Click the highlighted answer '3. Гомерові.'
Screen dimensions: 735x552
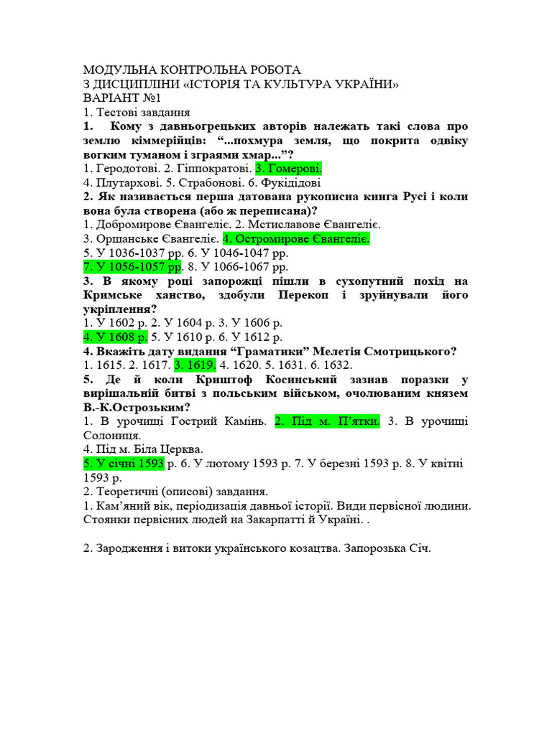click(x=289, y=168)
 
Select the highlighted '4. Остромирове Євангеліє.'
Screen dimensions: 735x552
click(x=296, y=238)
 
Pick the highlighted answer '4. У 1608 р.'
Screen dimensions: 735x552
click(x=116, y=337)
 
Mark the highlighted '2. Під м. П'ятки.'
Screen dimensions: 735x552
click(x=327, y=421)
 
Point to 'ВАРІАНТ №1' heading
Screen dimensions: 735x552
click(x=123, y=98)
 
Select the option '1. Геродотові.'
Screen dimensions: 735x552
click(x=118, y=168)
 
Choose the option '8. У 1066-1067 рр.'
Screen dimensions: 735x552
click(x=236, y=266)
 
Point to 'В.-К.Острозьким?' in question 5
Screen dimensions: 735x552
click(x=136, y=407)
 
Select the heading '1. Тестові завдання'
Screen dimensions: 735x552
click(x=136, y=112)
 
